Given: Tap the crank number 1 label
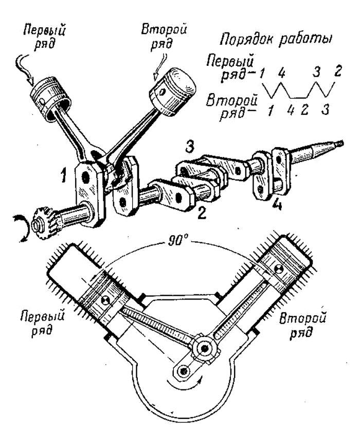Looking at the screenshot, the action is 63,175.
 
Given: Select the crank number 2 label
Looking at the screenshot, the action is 202,213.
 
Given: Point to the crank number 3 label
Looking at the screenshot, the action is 190,147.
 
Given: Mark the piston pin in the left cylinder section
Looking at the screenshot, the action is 104,300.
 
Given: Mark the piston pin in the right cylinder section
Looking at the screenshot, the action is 278,270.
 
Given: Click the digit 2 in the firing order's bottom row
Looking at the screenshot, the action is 304,110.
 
